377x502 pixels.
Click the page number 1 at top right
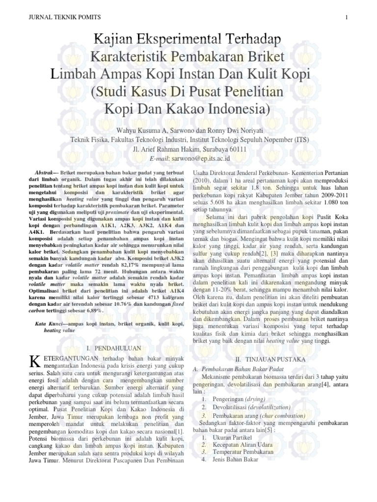(346, 17)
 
